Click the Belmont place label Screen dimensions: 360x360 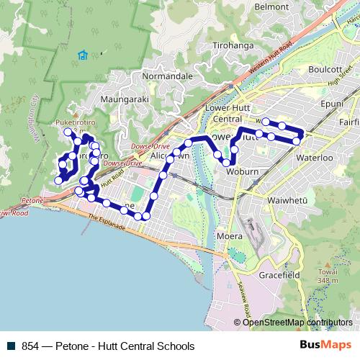[x=271, y=6]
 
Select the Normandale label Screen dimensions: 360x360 [x=168, y=76]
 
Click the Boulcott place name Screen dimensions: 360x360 [x=325, y=69]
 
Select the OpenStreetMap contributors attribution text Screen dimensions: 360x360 [x=297, y=323]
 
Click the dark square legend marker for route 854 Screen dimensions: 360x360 [x=10, y=346]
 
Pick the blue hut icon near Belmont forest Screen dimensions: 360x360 [x=84, y=55]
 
